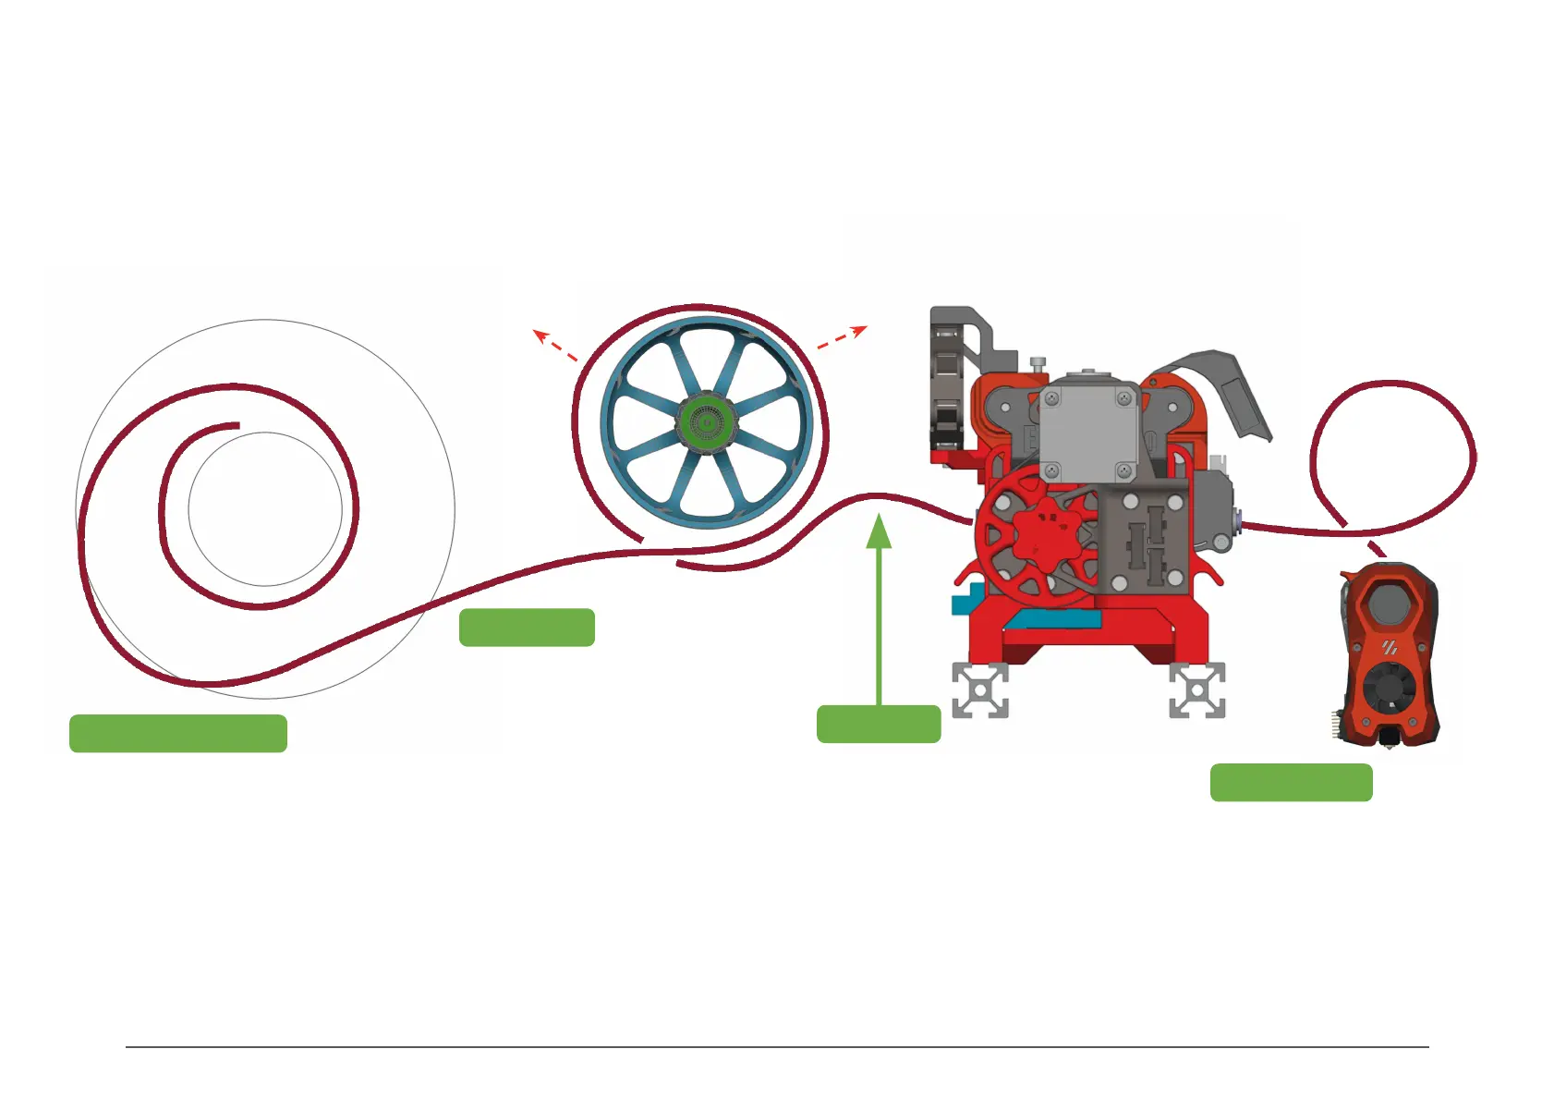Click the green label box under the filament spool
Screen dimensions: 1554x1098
[x=177, y=733]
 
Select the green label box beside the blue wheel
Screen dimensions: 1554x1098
[x=527, y=628]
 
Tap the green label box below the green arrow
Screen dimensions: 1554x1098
[x=879, y=724]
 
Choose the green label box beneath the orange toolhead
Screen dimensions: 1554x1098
[x=1291, y=782]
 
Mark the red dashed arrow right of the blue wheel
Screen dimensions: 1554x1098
[x=843, y=337]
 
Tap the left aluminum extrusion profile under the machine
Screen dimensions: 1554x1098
[x=980, y=690]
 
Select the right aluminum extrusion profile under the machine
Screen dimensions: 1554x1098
[x=1197, y=690]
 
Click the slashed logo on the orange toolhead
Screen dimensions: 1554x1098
[x=1390, y=648]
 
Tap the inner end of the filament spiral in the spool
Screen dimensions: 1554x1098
[x=237, y=426]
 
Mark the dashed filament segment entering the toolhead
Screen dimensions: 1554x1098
[x=1376, y=546]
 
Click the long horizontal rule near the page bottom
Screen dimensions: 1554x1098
[x=777, y=1047]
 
